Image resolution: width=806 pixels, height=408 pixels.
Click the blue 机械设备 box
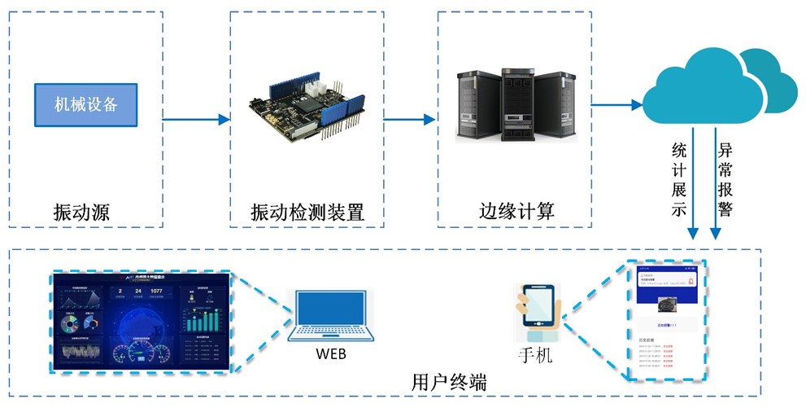point(86,105)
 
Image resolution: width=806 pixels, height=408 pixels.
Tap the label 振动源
point(81,213)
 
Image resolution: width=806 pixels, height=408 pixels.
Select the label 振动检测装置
point(307,213)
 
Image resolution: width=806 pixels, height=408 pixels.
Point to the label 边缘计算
point(516,213)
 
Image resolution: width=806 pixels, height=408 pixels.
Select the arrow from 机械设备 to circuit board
point(196,120)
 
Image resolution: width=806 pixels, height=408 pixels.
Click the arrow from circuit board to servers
point(410,120)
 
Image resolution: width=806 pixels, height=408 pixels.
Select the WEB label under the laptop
point(330,355)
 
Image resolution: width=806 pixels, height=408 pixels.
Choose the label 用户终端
point(449,382)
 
